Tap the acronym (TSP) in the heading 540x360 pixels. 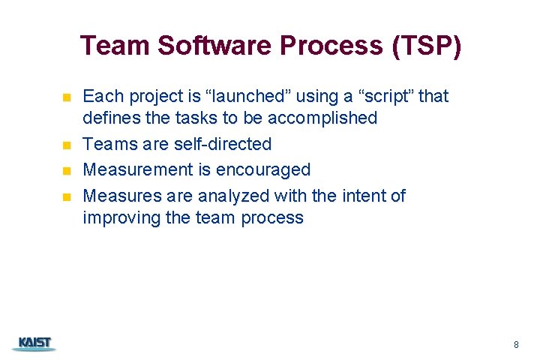pyautogui.click(x=425, y=46)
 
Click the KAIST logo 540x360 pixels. pyautogui.click(x=34, y=343)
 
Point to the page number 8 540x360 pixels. pyautogui.click(x=516, y=345)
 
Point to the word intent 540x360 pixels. pyautogui.click(x=364, y=196)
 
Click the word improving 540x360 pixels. pyautogui.click(x=115, y=218)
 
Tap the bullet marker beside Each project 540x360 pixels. pyautogui.click(x=66, y=97)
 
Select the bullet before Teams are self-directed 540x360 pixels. pyautogui.click(x=66, y=145)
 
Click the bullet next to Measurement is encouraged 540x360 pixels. pyautogui.click(x=66, y=171)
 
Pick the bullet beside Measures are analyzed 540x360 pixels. pyautogui.click(x=66, y=197)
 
